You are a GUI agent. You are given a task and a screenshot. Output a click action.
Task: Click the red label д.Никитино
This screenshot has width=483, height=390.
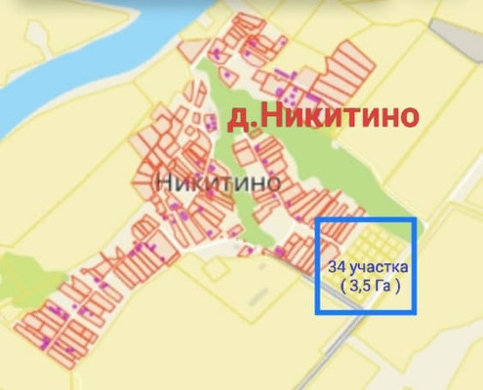point(322,118)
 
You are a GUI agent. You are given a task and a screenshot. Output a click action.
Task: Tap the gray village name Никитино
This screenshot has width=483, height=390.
point(218,181)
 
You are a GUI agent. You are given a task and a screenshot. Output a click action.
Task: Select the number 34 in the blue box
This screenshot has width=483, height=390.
point(338,266)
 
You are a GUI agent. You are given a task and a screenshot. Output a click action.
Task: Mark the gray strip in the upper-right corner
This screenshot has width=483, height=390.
point(454,39)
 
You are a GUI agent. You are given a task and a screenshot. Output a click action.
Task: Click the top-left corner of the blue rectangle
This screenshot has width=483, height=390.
point(316,218)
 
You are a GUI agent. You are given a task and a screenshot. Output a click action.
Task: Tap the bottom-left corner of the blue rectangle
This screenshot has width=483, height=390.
point(316,313)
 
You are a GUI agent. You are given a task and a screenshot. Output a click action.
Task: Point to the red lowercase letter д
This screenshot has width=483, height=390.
point(235,120)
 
